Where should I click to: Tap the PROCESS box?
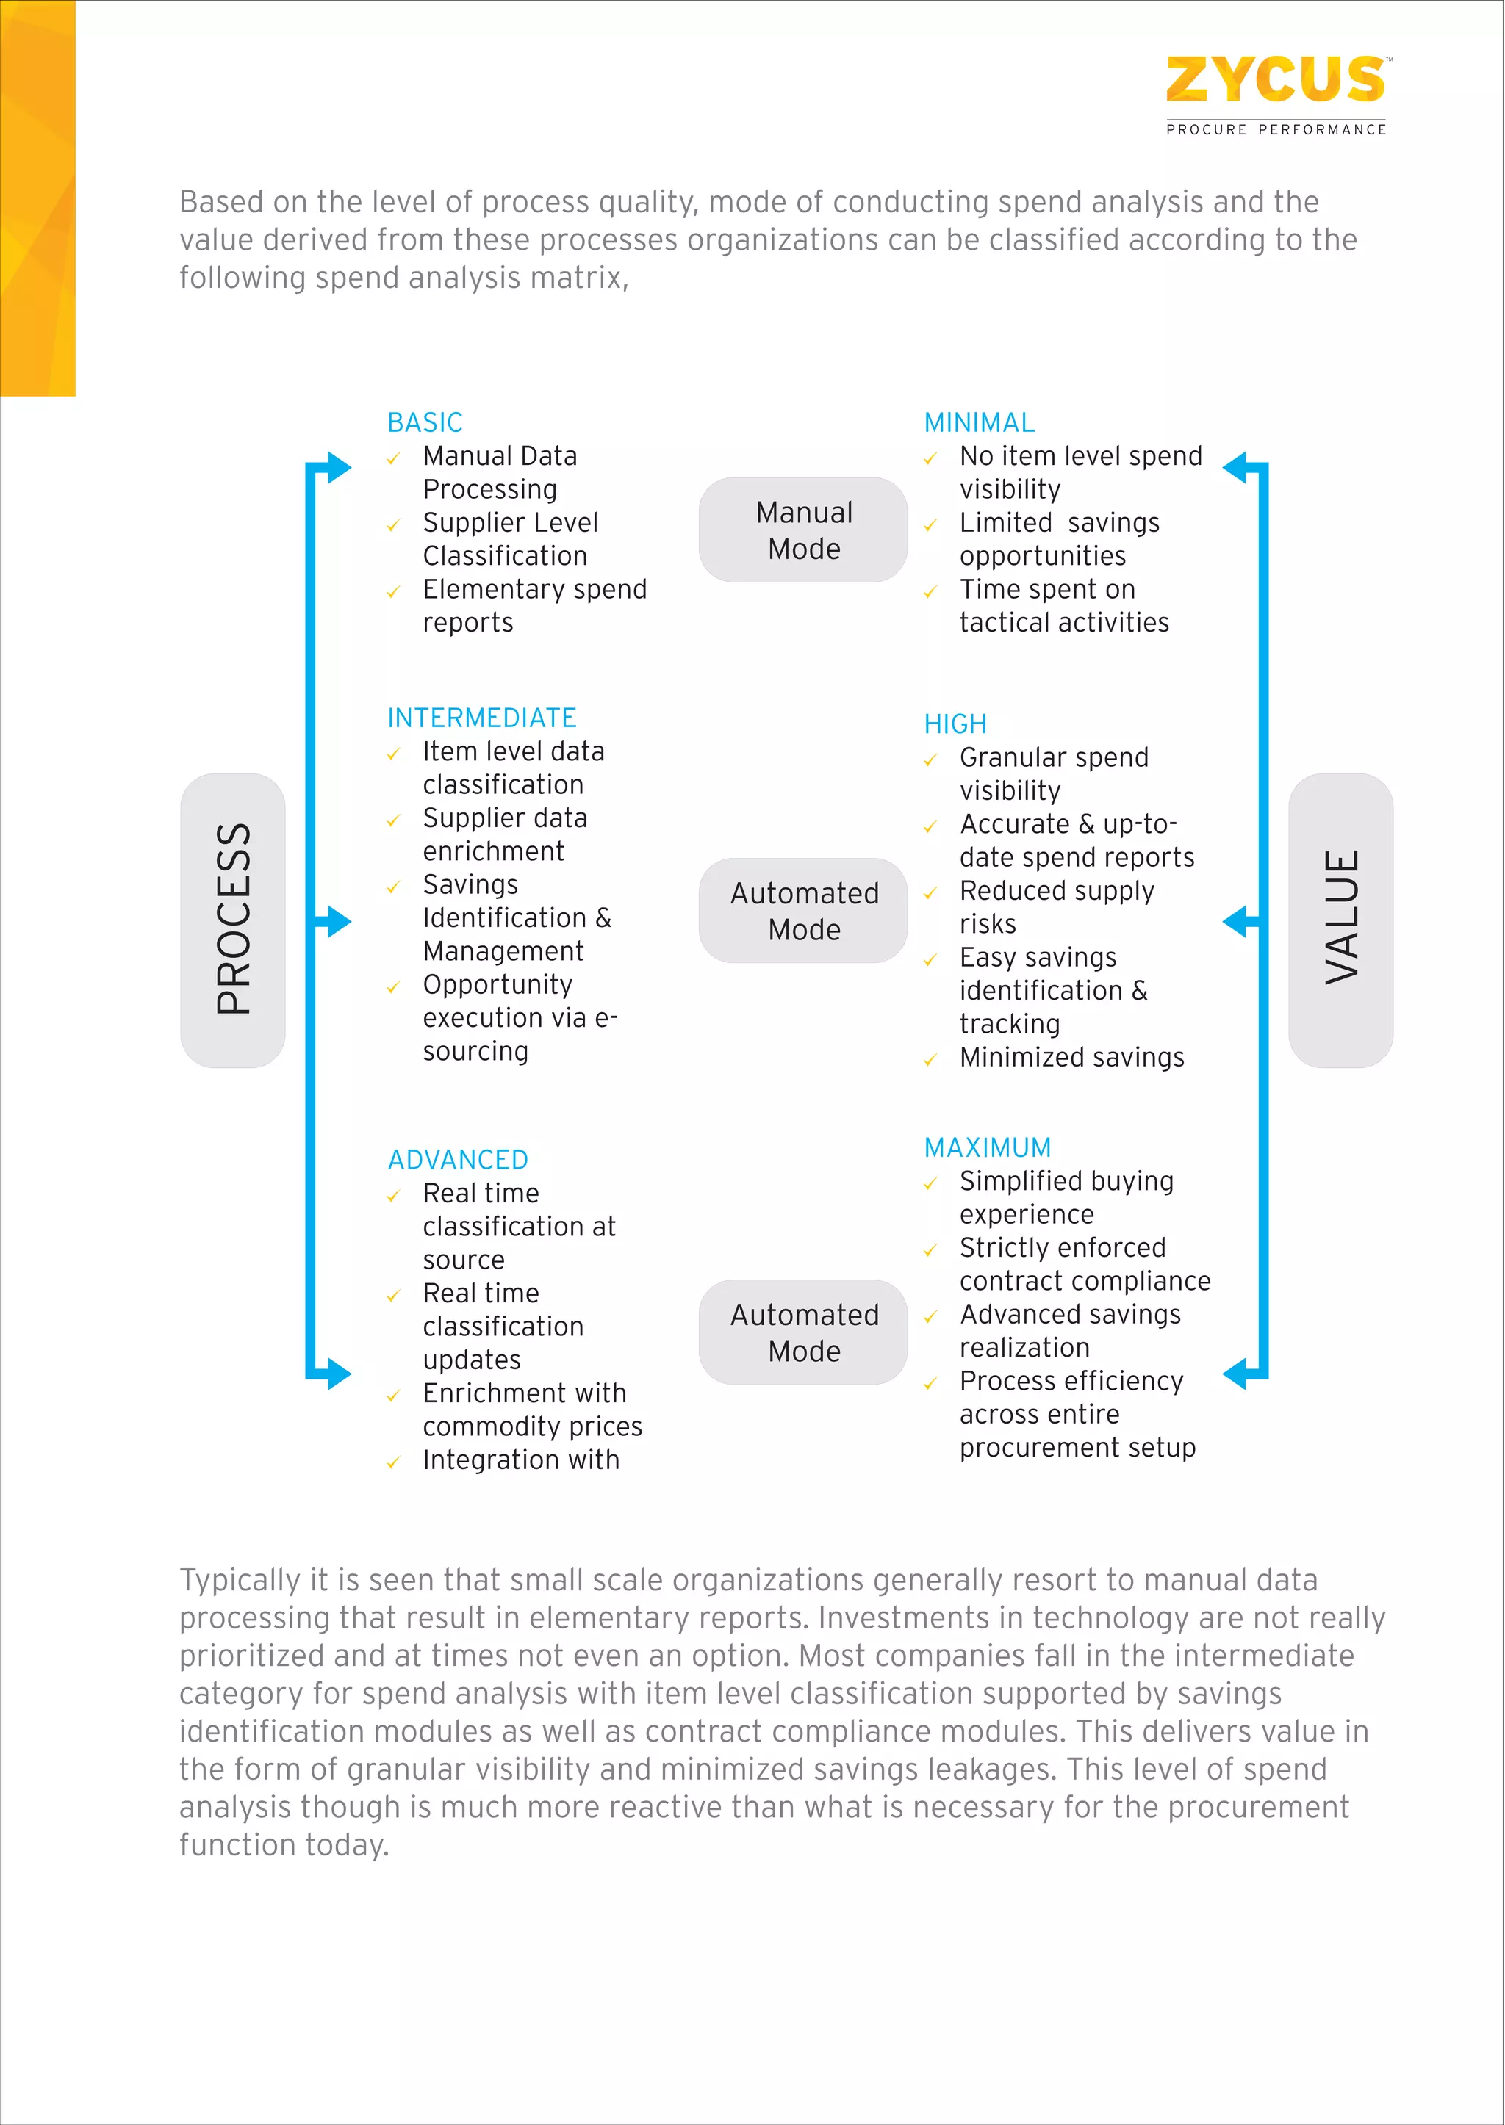(x=233, y=920)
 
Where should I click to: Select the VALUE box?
(x=1340, y=920)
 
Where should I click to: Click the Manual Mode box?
(x=803, y=530)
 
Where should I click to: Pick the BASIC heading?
(x=425, y=422)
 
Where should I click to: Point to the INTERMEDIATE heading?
(x=481, y=718)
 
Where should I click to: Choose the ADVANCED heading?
(x=458, y=1160)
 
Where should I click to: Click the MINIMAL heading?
(x=979, y=422)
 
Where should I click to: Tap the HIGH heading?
(x=955, y=724)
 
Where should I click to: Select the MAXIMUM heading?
(x=987, y=1148)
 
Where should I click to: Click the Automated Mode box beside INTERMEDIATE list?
(x=803, y=911)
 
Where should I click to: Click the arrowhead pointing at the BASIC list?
(x=337, y=467)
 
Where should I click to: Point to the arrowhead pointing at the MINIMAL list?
(x=1236, y=467)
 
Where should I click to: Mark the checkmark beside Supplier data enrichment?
(x=394, y=820)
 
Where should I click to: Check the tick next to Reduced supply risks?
(x=930, y=894)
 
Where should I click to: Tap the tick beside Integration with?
(x=394, y=1462)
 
